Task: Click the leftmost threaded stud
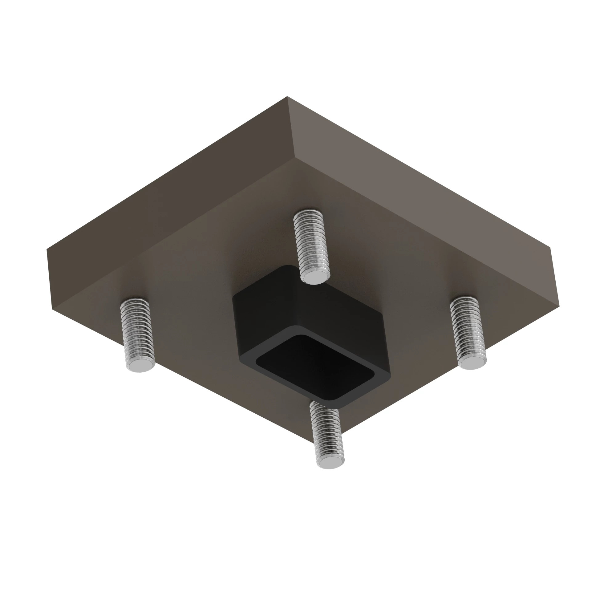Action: [137, 332]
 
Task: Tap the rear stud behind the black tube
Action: [311, 242]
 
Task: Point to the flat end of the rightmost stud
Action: [472, 363]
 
